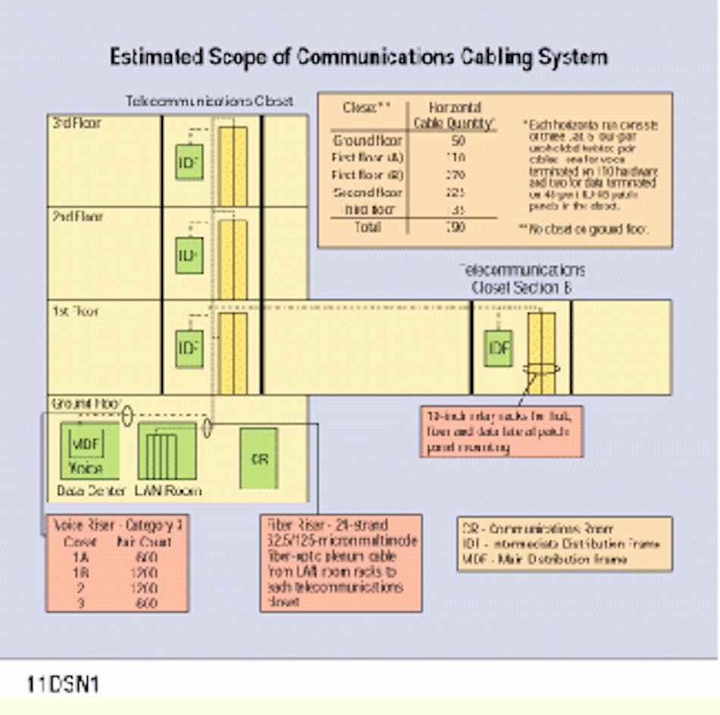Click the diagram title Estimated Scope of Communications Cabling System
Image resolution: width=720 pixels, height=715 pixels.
click(x=358, y=58)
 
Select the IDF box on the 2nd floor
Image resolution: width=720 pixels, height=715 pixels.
click(x=189, y=255)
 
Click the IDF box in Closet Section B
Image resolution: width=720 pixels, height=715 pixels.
click(x=498, y=348)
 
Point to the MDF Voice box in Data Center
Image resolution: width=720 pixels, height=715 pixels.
click(x=90, y=450)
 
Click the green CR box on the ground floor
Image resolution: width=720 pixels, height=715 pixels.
click(x=258, y=458)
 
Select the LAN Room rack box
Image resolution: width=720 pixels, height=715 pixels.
click(x=167, y=451)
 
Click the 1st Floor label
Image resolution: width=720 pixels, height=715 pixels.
click(x=75, y=311)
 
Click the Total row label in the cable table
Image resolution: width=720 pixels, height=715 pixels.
click(x=368, y=227)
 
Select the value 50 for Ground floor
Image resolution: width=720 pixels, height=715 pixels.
click(x=458, y=141)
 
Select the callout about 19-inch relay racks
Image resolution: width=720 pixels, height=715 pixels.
click(x=501, y=432)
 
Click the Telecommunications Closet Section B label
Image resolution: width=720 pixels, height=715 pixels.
click(x=521, y=279)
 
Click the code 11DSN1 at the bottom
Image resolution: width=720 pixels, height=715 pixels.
click(x=62, y=685)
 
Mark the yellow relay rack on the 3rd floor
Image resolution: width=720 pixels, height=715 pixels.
click(x=233, y=166)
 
